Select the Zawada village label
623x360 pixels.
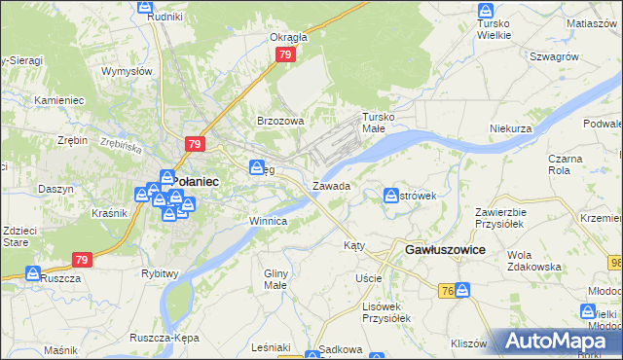click(x=332, y=185)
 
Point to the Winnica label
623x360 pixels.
click(x=268, y=221)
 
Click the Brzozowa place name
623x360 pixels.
click(x=280, y=121)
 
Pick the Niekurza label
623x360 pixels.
click(x=511, y=127)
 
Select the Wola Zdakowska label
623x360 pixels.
click(x=529, y=260)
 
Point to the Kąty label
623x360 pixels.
click(x=354, y=246)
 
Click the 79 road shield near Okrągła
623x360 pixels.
click(x=284, y=55)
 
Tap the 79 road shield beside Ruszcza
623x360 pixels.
click(x=82, y=260)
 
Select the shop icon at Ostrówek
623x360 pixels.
click(x=391, y=195)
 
